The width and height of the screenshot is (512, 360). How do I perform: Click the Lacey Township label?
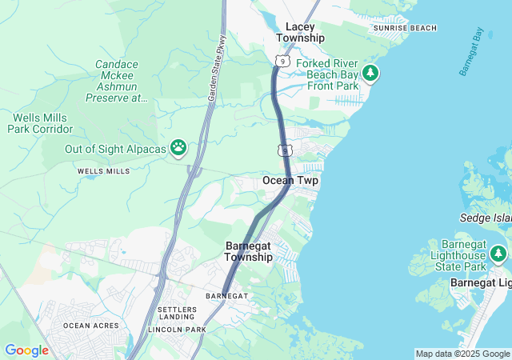click(x=300, y=32)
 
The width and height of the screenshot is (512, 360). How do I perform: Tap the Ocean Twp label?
click(x=290, y=181)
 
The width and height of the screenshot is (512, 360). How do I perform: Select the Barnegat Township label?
click(x=248, y=251)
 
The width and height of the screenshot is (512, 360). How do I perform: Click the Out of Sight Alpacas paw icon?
click(x=178, y=148)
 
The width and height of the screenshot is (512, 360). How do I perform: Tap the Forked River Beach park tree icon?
click(x=370, y=74)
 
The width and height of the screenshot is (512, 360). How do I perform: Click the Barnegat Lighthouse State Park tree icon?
click(x=498, y=254)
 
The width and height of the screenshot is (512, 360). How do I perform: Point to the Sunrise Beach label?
click(x=405, y=28)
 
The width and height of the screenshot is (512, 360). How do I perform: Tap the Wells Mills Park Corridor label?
click(x=42, y=123)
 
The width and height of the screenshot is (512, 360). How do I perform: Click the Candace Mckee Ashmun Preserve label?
click(x=117, y=81)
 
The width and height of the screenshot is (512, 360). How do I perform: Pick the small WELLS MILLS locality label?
click(x=103, y=171)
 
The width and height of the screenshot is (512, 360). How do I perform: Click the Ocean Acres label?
click(x=91, y=326)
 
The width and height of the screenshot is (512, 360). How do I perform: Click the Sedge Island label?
click(x=486, y=218)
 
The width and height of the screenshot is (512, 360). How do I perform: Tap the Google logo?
click(x=26, y=350)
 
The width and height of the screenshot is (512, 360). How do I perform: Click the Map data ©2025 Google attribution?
click(x=462, y=354)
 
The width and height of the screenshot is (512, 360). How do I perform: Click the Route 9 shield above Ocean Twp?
click(x=286, y=150)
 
